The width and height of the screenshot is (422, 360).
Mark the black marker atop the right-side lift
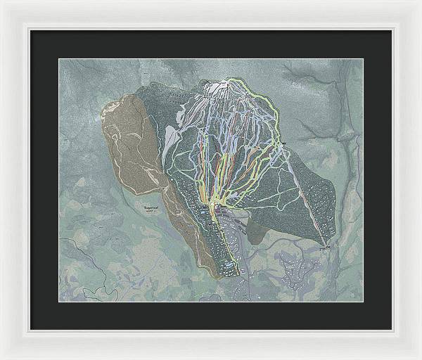coord(285,145)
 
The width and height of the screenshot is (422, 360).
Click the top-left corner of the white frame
coord(2,2)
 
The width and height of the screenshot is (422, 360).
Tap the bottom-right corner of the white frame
coord(419,357)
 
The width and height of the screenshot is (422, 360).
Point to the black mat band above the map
coord(211,44)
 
